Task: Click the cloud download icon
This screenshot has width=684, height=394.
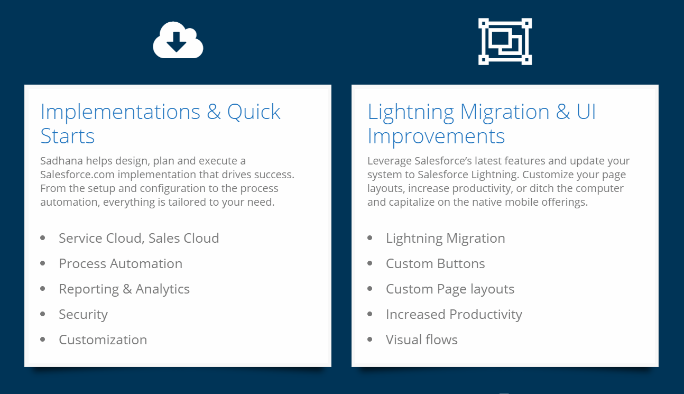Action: [178, 40]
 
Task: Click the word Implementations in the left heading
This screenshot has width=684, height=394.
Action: [121, 112]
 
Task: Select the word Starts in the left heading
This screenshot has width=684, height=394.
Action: [68, 136]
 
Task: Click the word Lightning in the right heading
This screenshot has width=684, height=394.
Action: [411, 113]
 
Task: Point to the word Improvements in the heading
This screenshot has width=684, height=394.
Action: [436, 136]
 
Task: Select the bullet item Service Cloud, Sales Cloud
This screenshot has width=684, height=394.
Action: [139, 238]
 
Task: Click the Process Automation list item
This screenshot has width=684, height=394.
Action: [121, 263]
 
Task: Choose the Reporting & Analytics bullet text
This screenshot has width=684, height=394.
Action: [124, 289]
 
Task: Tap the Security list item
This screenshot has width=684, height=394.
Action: [84, 315]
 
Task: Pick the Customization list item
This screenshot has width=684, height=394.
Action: [103, 340]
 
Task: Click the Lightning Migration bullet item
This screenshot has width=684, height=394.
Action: [446, 239]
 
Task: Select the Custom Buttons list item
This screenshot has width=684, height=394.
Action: [436, 263]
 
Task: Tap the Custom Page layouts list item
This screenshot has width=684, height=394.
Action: [450, 289]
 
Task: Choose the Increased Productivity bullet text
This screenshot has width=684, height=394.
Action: [454, 315]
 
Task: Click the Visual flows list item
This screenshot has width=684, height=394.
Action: [422, 340]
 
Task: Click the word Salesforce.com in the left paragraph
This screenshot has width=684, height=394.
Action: [77, 175]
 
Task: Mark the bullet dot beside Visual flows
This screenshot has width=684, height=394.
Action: [370, 339]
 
